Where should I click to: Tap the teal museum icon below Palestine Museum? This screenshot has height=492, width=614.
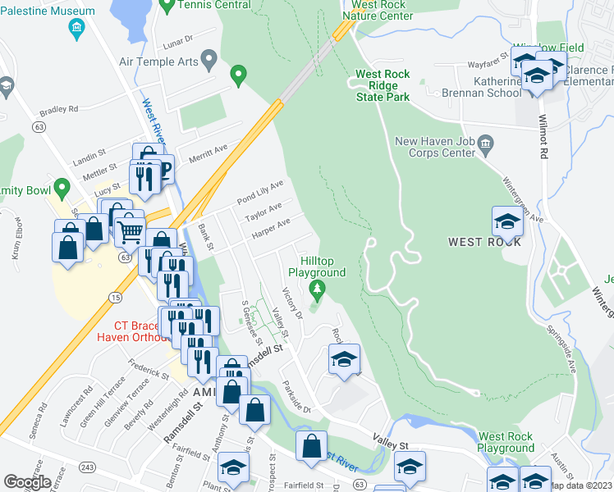point(76,30)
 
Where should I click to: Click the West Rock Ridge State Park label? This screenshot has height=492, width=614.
point(382,85)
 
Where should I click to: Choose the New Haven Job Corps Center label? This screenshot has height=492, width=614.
point(433,147)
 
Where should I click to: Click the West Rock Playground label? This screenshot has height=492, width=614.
point(506,442)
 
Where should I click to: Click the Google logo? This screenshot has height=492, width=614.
point(27,481)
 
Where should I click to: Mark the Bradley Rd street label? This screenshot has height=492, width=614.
point(57,108)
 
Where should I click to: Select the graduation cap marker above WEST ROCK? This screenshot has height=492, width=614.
point(507,221)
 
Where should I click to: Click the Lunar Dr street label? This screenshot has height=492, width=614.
point(176,38)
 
